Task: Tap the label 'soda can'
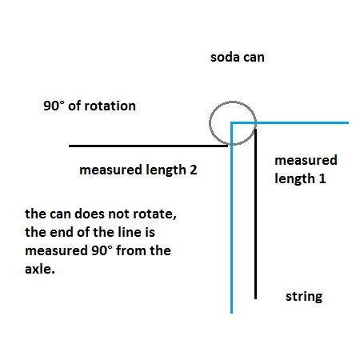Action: tap(238, 58)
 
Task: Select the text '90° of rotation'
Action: tap(90, 106)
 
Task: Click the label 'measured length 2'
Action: tap(138, 170)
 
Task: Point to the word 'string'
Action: tap(304, 297)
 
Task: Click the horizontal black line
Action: tap(148, 146)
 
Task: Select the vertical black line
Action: tap(255, 214)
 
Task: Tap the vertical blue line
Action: tap(231, 218)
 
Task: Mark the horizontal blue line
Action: tap(290, 122)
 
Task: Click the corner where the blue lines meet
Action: tap(231, 122)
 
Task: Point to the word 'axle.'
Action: tap(40, 269)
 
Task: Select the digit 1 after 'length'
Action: tap(322, 178)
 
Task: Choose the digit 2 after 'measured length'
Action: tap(194, 170)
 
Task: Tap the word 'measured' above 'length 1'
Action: tap(306, 160)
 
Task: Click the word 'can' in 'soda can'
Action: tap(254, 58)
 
